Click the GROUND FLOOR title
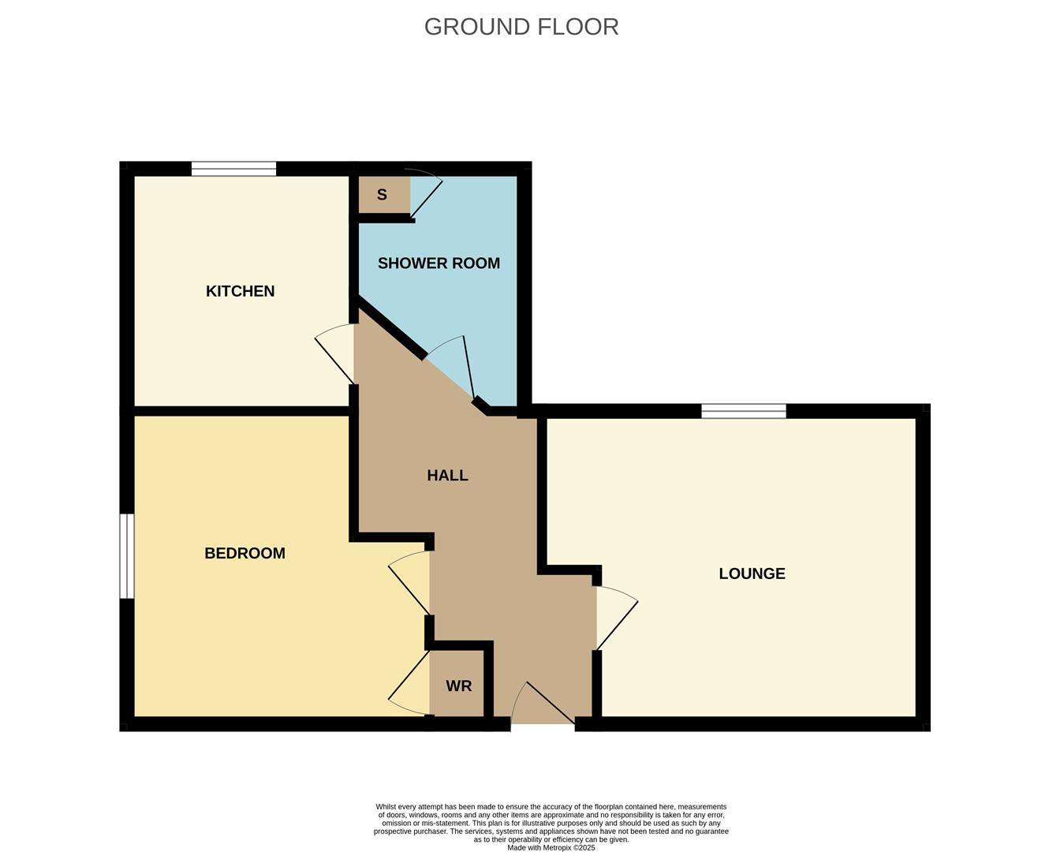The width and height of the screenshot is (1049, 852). pos(521,27)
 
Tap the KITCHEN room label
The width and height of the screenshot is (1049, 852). pos(240,291)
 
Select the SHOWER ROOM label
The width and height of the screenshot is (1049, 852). pos(439,263)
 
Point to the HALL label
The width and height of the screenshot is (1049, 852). pos(447,476)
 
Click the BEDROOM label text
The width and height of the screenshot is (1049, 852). pos(245,554)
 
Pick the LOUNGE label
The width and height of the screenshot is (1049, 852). pos(752,574)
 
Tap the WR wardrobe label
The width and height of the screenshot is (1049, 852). pos(458,686)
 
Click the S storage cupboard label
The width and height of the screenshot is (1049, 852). pos(382,195)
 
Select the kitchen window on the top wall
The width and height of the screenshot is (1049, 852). pos(233,169)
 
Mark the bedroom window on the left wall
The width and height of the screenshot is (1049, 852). pos(126,556)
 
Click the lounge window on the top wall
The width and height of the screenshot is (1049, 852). pos(744,411)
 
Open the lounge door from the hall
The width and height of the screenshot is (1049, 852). pos(615,618)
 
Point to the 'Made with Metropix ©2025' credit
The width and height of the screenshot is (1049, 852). pos(551,848)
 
